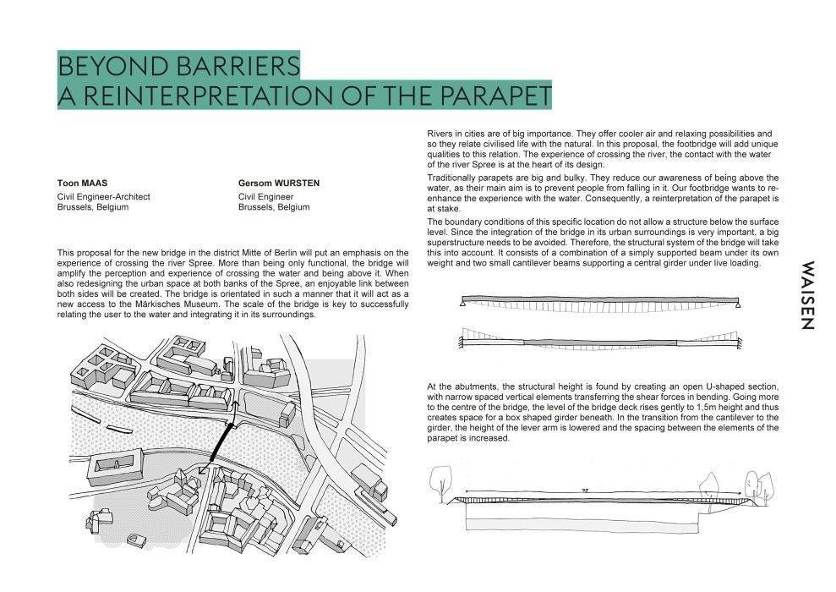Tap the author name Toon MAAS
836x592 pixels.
click(x=80, y=184)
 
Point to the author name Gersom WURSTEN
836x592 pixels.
click(x=279, y=184)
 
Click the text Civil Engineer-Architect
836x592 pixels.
click(x=103, y=196)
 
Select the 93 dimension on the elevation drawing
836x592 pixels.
click(x=585, y=491)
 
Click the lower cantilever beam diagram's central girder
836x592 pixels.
click(x=601, y=342)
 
